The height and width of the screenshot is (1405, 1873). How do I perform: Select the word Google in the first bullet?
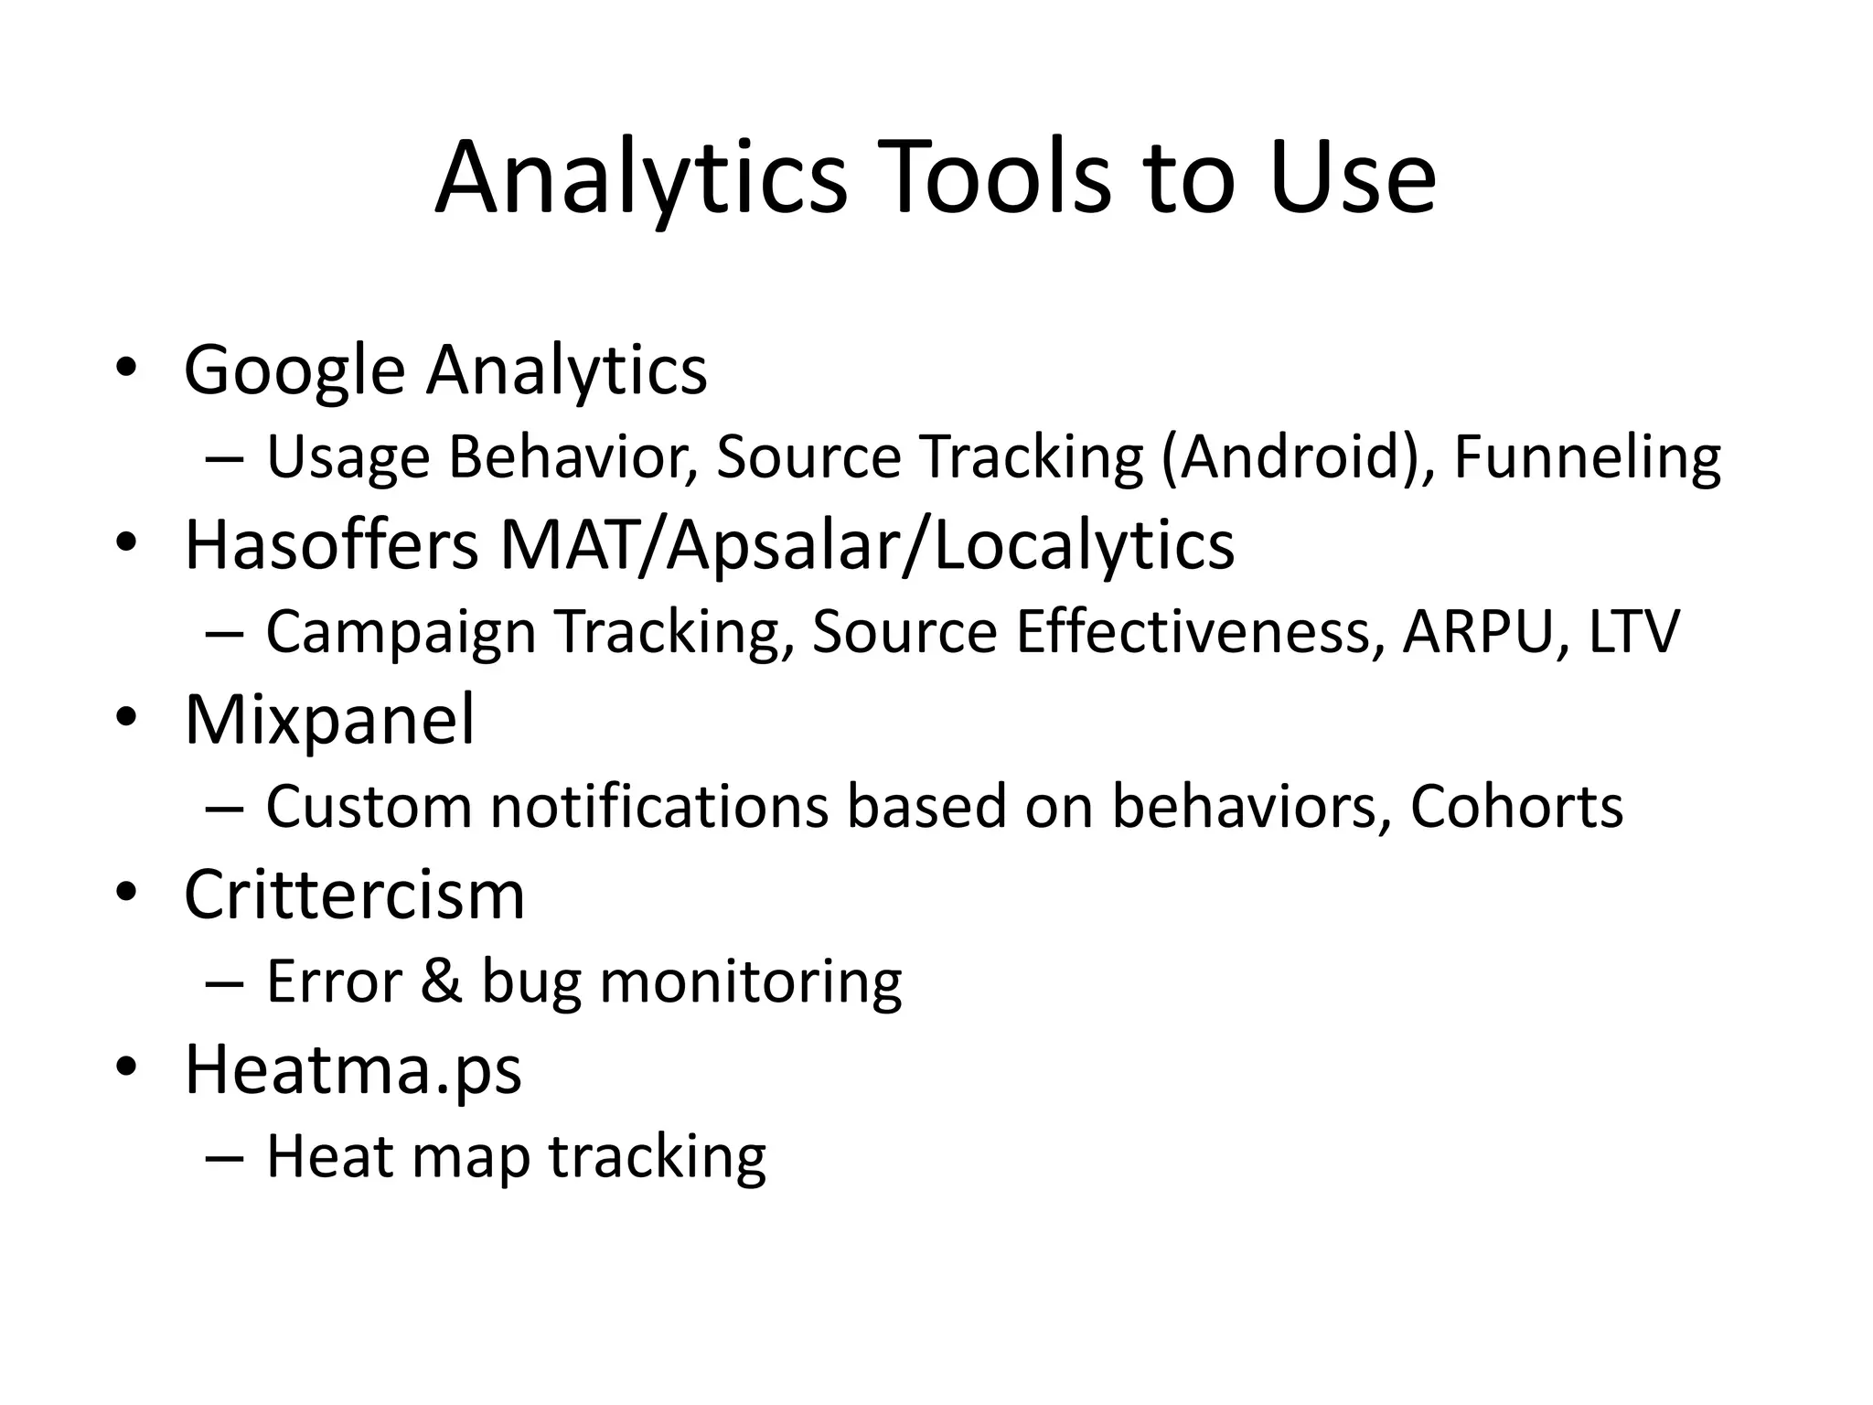coord(294,370)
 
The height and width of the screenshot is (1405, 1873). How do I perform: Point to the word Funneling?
coord(1587,456)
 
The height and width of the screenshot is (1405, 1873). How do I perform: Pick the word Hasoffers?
coord(331,545)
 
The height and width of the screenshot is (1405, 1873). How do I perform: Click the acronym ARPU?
coord(1477,631)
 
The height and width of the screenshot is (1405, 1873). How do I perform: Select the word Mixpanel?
coord(329,720)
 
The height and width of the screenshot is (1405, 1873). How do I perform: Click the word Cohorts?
coord(1516,806)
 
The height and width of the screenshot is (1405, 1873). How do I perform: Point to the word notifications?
coord(658,806)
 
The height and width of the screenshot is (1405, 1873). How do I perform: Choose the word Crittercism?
coord(354,895)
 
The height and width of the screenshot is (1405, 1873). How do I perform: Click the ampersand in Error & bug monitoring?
coord(442,981)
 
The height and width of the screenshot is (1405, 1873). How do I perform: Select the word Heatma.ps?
coord(353,1070)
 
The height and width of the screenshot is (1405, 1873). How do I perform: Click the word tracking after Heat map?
coord(657,1157)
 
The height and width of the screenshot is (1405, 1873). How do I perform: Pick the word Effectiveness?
coord(1193,631)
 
